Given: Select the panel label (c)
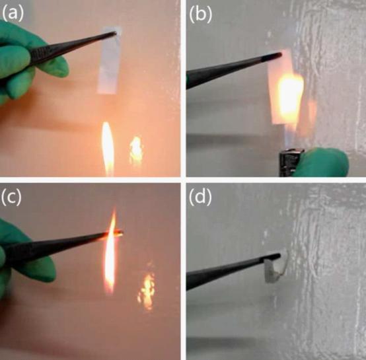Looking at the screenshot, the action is click(11, 197).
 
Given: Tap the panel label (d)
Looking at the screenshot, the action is click(200, 198).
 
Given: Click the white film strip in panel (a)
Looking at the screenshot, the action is click(109, 60).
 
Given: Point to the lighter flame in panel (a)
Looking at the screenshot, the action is click(108, 149).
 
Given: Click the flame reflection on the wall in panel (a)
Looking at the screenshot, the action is click(136, 149).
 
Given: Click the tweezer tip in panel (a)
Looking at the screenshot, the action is click(115, 34).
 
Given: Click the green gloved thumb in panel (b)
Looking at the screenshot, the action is click(324, 162).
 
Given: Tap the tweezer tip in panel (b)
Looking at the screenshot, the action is click(279, 55).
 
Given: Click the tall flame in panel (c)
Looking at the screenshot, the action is click(110, 252).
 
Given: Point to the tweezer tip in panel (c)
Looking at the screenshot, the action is click(121, 232).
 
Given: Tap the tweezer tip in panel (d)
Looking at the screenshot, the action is click(278, 256).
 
